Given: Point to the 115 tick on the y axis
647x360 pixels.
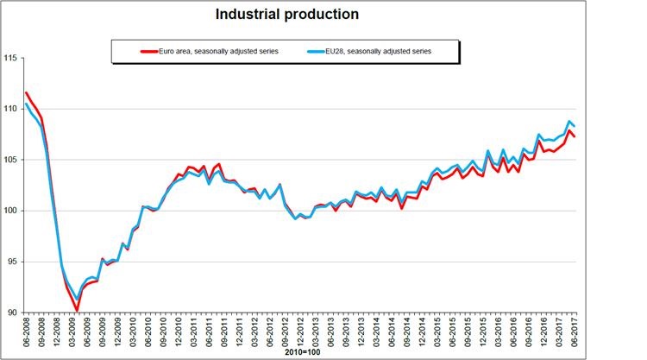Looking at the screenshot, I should pos(11,58).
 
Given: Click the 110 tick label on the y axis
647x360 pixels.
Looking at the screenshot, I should pos(11,109).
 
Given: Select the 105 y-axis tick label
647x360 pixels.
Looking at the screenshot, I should pos(11,160).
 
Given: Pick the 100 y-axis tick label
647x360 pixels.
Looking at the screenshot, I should pos(11,211).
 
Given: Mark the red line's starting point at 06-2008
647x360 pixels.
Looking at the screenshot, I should pos(27,92).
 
